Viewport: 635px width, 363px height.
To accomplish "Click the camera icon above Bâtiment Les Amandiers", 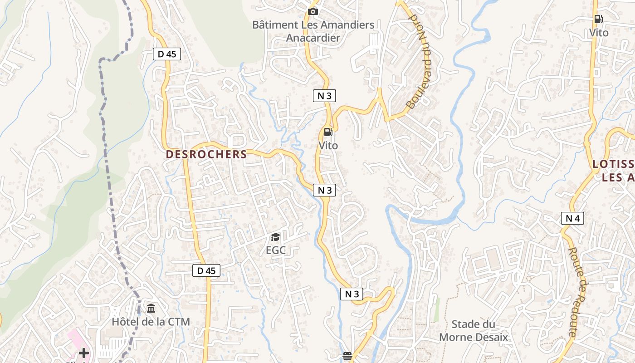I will point(313,11).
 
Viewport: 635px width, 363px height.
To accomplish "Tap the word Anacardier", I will point(313,38).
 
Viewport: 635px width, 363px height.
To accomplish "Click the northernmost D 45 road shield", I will point(166,54).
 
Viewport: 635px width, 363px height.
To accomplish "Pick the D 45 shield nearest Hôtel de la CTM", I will point(206,271).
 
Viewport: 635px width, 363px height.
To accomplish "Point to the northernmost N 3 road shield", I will point(324,95).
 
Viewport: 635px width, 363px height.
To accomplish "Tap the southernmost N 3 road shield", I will point(352,294).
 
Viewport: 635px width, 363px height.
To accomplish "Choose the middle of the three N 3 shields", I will point(324,190).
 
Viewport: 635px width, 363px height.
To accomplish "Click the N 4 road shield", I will point(572,218).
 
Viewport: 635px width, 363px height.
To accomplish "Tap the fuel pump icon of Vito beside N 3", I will point(328,132).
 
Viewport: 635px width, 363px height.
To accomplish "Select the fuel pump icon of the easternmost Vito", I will point(598,19).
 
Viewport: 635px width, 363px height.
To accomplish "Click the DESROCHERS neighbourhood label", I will point(206,154).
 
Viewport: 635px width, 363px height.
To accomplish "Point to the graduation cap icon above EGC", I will point(275,237).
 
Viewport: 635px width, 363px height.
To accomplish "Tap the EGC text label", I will point(275,250).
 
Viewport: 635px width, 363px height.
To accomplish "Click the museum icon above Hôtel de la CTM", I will point(151,309).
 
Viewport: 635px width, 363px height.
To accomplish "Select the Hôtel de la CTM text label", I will point(151,322).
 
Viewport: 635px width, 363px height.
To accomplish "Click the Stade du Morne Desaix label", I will point(473,331).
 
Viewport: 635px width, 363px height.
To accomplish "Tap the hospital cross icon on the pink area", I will point(83,353).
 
